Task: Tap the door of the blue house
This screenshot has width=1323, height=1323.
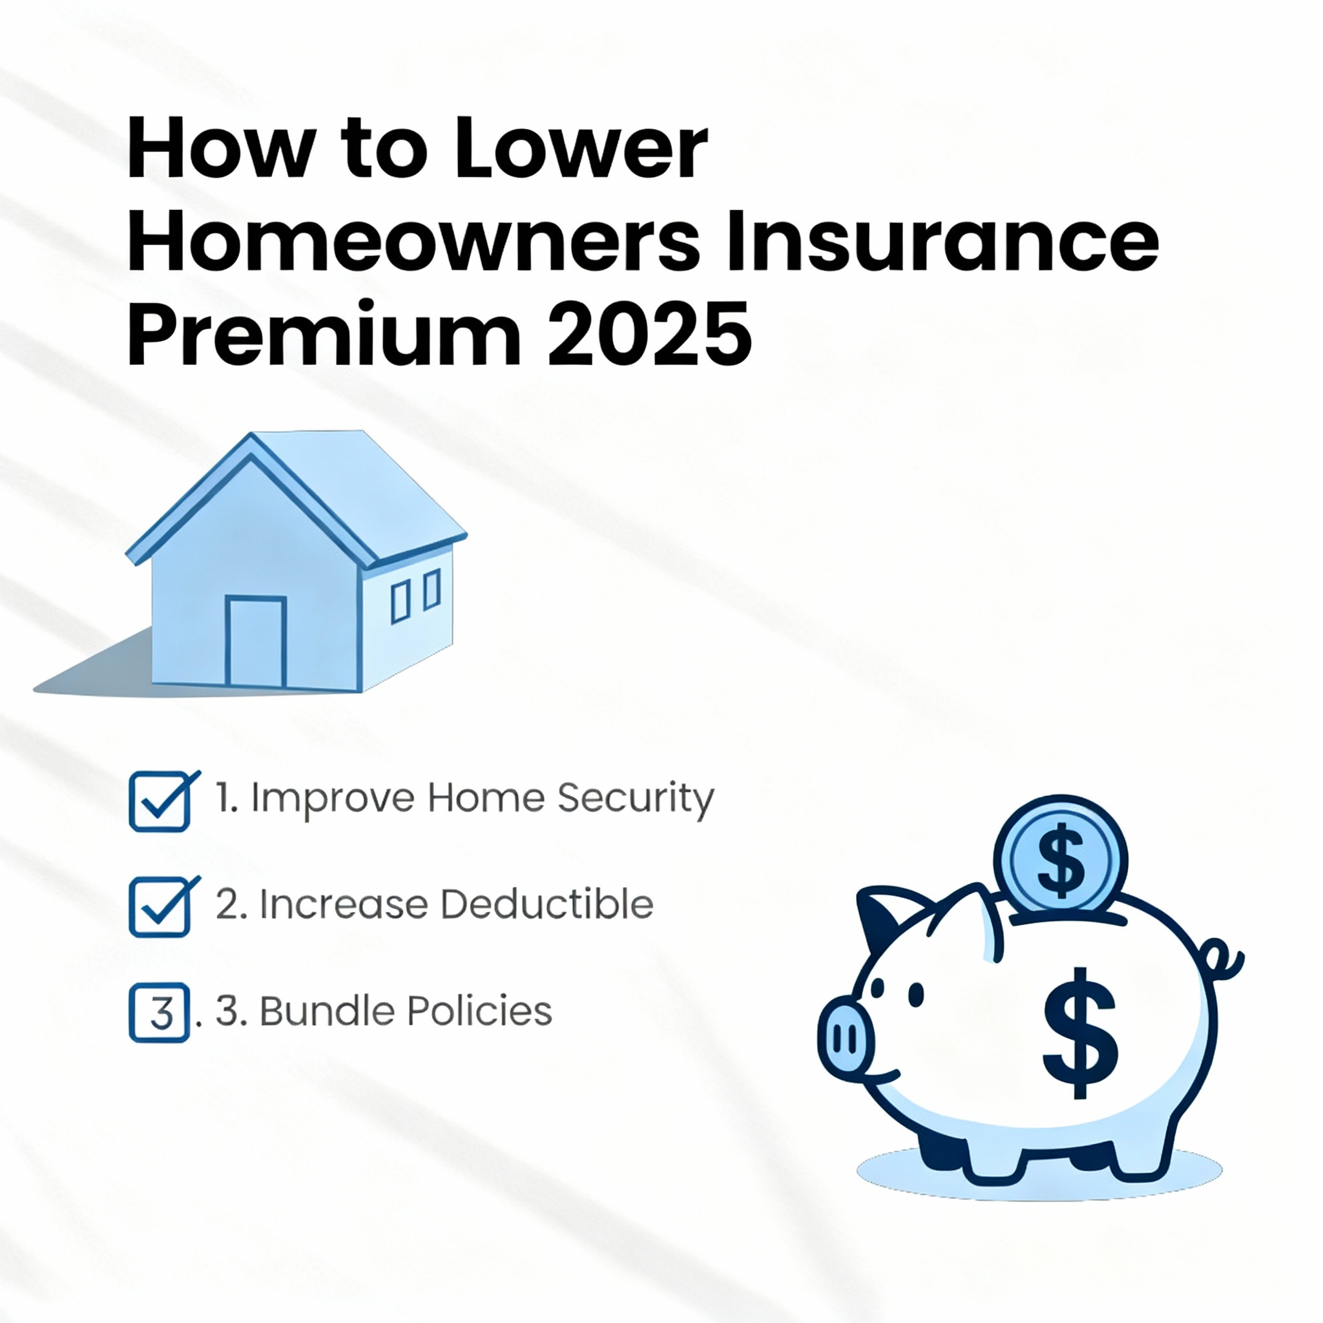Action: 255,641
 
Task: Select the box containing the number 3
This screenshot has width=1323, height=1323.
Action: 159,1013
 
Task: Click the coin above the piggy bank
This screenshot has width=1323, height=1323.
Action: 1060,855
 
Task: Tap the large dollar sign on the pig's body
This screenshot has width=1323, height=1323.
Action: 1081,1034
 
